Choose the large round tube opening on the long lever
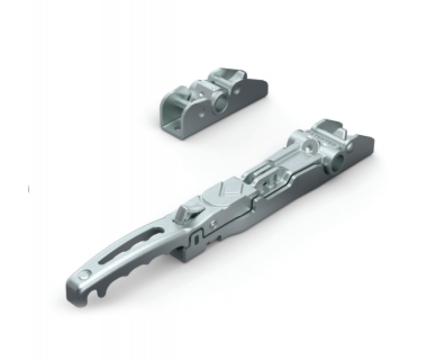click(x=340, y=160)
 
